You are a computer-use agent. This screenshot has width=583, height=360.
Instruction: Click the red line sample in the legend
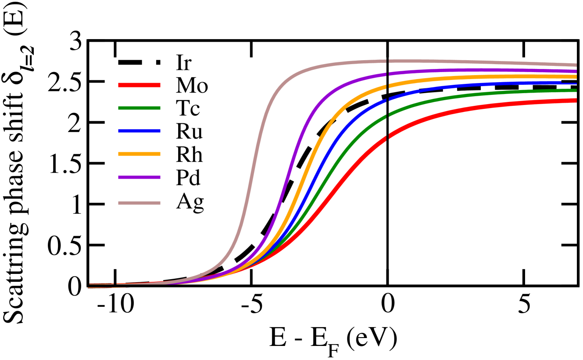[139, 85]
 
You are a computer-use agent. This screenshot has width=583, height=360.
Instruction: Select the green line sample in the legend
[139, 108]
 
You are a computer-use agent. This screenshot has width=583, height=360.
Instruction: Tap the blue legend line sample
[139, 131]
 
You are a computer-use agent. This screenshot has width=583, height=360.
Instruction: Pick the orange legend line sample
[139, 154]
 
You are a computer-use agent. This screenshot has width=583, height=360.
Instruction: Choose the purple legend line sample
[139, 177]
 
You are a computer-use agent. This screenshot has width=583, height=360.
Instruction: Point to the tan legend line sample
[139, 203]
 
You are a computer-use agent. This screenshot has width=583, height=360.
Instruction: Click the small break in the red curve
[387, 138]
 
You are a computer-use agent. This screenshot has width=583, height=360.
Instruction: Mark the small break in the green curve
[387, 116]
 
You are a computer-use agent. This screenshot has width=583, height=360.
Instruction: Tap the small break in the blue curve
[387, 100]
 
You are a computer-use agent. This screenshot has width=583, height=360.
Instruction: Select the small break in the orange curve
[387, 86]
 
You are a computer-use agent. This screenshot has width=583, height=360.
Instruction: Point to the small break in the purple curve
[387, 74]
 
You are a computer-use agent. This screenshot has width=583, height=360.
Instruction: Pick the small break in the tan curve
[387, 61]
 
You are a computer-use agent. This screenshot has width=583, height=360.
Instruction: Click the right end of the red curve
[576, 101]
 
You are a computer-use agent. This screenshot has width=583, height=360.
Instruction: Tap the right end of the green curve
[576, 90]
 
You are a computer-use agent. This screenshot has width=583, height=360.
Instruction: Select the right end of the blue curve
[576, 83]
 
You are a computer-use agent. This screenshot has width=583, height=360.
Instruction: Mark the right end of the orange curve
[576, 77]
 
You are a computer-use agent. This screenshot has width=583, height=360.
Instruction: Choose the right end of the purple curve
[576, 71]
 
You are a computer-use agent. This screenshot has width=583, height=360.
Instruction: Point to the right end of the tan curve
[576, 65]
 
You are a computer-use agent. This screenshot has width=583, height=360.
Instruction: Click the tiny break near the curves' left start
[115, 284]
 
